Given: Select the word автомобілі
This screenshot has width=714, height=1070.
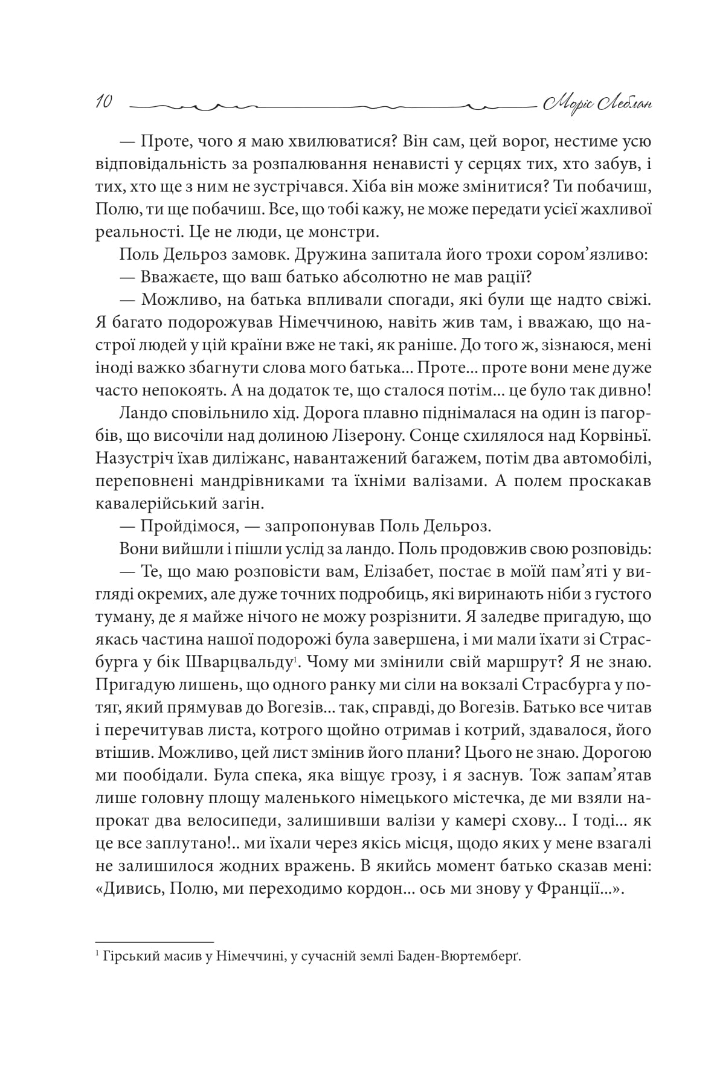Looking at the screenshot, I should pos(579,458).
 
